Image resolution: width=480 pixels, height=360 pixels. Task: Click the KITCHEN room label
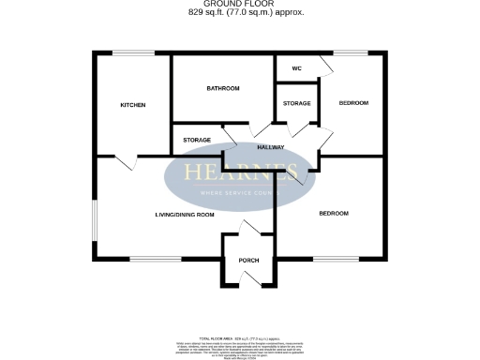click(x=132, y=105)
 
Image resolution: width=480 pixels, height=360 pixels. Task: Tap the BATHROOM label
click(x=223, y=88)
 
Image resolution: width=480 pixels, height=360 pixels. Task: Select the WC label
click(x=296, y=68)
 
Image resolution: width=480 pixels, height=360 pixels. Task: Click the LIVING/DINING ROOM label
click(x=185, y=215)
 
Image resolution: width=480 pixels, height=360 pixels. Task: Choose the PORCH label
click(x=248, y=260)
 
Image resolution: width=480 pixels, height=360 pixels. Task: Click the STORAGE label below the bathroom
click(x=197, y=140)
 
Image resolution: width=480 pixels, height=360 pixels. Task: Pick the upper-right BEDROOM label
click(x=353, y=102)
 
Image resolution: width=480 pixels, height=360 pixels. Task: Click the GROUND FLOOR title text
click(x=239, y=4)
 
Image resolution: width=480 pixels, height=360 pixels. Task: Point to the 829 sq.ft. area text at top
click(x=239, y=12)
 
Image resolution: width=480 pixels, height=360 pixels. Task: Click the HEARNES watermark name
click(x=241, y=172)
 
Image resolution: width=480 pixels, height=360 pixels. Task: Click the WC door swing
click(x=324, y=66)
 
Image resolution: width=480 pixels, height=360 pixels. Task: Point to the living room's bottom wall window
click(x=149, y=259)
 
